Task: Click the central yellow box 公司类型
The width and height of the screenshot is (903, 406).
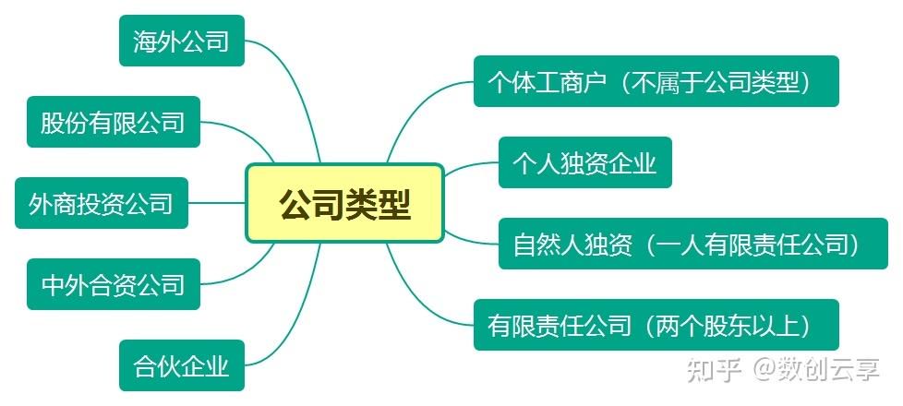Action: [x=345, y=203]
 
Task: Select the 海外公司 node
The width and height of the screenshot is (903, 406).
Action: [x=182, y=41]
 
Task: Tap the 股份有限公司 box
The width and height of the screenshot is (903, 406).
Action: [x=114, y=122]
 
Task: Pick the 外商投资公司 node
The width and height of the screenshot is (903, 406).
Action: [x=102, y=203]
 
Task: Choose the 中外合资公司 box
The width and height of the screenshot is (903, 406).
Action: [x=114, y=284]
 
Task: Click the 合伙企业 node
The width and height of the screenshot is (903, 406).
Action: [x=182, y=365]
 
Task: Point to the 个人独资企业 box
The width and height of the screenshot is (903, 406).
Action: [x=585, y=162]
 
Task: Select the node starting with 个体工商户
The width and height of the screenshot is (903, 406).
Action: [x=656, y=81]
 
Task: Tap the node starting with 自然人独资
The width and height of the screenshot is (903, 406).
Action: [x=693, y=244]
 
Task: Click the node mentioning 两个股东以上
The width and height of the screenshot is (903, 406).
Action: [x=656, y=325]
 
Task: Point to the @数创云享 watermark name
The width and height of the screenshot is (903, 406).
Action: [x=816, y=369]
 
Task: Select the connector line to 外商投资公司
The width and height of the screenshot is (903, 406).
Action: [x=217, y=203]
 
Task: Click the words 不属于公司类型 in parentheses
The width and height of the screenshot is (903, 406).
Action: [x=716, y=82]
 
